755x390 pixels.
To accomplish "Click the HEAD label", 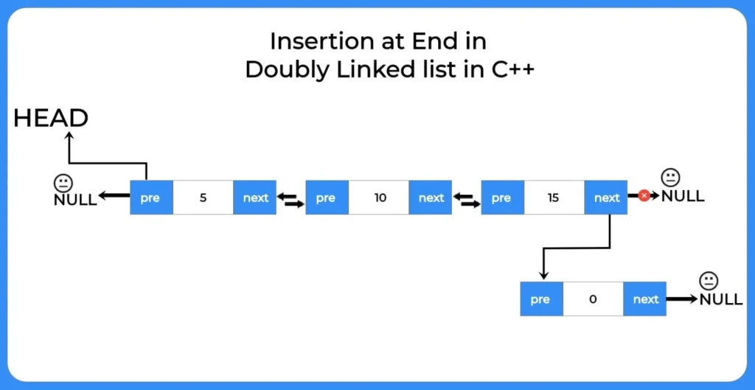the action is click(51, 118).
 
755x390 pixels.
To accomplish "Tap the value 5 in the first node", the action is click(203, 198).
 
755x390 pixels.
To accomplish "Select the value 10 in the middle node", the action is click(380, 198).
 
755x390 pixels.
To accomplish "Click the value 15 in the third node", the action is click(554, 198).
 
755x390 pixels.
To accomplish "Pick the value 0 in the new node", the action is click(593, 299).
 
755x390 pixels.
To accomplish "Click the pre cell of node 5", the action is click(151, 198).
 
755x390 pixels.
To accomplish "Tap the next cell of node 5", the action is click(254, 198).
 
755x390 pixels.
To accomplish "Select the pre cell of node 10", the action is click(327, 198).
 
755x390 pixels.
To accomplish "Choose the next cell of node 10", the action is click(431, 198).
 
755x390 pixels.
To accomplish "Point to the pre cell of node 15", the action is click(503, 198).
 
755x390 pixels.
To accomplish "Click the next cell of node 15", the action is click(606, 198).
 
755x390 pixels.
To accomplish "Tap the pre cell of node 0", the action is click(542, 299).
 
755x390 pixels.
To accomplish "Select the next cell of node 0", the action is click(644, 299).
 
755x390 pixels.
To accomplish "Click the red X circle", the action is click(644, 195).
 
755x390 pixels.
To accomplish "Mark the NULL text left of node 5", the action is click(75, 200).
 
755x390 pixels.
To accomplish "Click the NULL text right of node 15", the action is click(683, 195).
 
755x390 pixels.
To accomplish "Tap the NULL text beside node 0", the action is click(721, 299).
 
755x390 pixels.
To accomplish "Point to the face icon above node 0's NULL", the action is click(709, 281).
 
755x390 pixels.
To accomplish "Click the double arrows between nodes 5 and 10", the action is click(290, 201).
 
